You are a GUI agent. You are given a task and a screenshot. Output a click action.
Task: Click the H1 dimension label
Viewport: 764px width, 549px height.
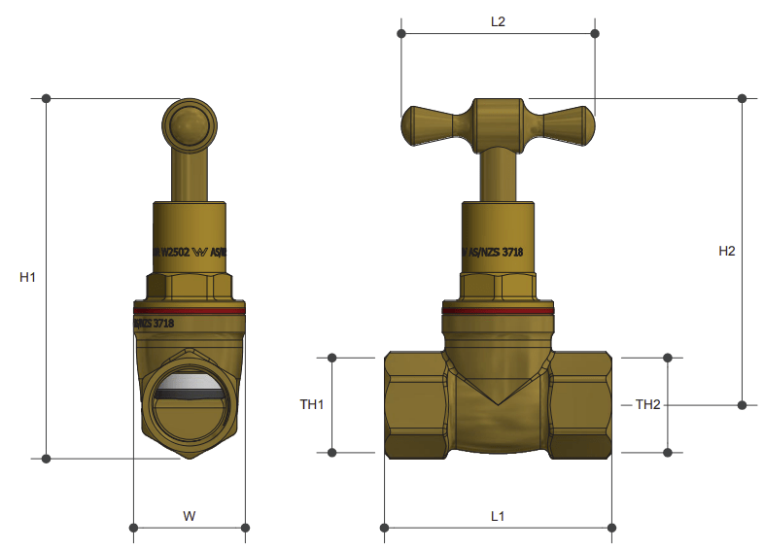point(27,277)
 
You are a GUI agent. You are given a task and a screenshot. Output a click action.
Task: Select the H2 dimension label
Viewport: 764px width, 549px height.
point(727,251)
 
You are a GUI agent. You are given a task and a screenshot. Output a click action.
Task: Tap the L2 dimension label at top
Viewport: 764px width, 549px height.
point(498,20)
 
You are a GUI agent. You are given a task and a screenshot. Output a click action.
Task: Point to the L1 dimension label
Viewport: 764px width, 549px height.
point(497,516)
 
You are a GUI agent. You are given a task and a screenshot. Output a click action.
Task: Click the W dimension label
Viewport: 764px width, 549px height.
point(190,516)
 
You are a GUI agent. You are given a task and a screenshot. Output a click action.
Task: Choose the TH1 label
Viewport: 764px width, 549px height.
point(311,404)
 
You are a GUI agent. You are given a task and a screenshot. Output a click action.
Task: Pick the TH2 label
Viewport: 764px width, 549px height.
point(647,404)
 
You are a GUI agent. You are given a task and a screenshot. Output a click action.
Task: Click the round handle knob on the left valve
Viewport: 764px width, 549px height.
point(190,125)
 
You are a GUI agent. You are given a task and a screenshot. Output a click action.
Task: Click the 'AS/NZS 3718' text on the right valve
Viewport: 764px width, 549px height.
point(496,252)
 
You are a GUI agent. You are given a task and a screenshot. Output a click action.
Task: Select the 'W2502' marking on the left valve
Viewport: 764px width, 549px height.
point(175,252)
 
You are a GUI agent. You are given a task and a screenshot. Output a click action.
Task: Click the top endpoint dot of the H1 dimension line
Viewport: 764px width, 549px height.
point(46,98)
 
